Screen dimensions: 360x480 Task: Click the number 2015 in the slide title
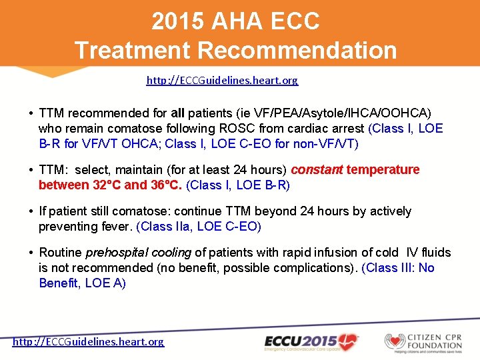[178, 21]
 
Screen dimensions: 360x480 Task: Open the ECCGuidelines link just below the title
[222, 80]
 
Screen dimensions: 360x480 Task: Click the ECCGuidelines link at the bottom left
[88, 341]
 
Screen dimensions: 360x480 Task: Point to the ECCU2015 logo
[310, 341]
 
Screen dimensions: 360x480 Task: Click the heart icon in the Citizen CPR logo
[395, 341]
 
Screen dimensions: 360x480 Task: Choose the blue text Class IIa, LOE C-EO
[199, 227]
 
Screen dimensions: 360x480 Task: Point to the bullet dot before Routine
[31, 252]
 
